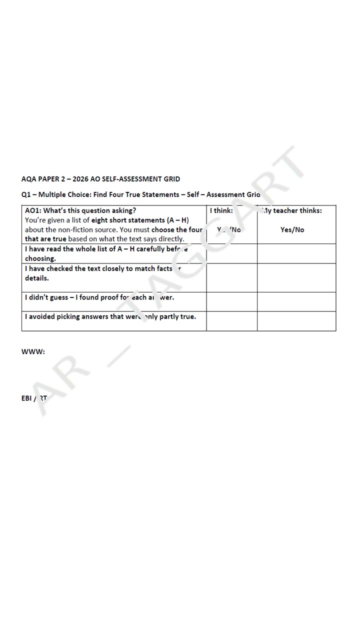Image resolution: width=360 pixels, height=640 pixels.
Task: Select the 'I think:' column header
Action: point(221,210)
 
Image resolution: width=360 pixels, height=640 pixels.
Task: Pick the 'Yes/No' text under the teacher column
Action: point(292,230)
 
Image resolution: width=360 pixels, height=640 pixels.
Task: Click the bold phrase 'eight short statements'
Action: point(127,220)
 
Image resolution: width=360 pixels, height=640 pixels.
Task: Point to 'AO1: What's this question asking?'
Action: point(80,210)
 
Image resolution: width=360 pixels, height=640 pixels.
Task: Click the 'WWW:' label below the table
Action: point(33,351)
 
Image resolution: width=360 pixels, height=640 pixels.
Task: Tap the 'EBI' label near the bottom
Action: point(27,398)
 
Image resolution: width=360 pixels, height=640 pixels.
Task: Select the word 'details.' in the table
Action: point(37,278)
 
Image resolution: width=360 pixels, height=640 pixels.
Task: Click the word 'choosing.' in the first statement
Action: point(40,258)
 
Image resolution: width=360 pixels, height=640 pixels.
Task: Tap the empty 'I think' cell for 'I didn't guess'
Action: point(231,302)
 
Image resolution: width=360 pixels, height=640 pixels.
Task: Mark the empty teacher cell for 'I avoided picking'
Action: point(296,321)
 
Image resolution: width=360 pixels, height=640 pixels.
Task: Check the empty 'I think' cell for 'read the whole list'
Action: point(231,253)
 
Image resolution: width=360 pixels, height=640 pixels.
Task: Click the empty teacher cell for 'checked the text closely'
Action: point(296,277)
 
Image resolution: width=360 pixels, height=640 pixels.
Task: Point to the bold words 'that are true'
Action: point(45,239)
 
